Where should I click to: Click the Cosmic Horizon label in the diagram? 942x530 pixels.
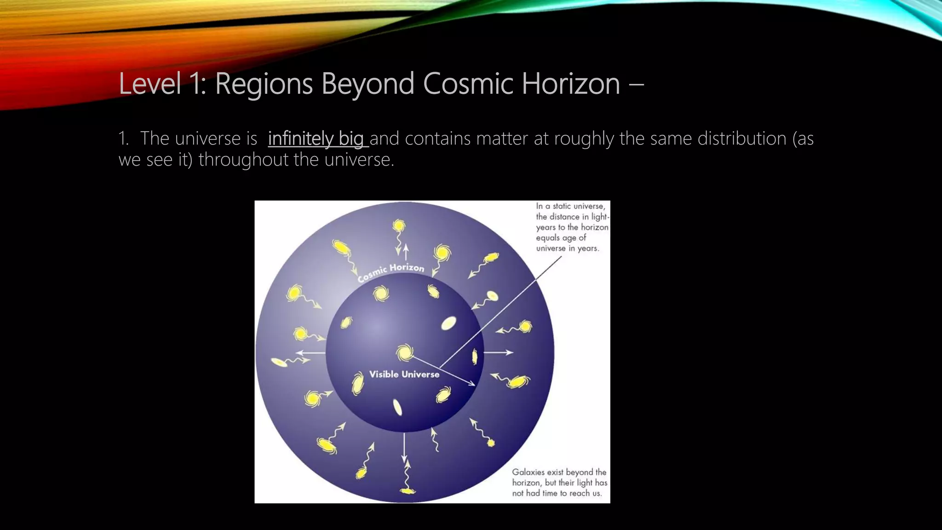coord(391,271)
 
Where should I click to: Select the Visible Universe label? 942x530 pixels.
coord(404,374)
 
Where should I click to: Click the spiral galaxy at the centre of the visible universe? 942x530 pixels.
coord(405,353)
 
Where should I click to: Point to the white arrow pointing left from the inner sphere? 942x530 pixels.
coord(310,353)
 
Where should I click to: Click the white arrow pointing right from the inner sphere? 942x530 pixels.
coord(499,352)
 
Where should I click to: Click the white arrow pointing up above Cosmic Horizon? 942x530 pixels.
coord(406,252)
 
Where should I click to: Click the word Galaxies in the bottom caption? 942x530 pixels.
coord(528,472)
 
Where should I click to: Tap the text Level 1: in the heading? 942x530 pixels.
coord(162,84)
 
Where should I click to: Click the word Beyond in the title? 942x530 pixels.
coord(368,84)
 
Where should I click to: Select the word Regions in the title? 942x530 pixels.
coord(264,85)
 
